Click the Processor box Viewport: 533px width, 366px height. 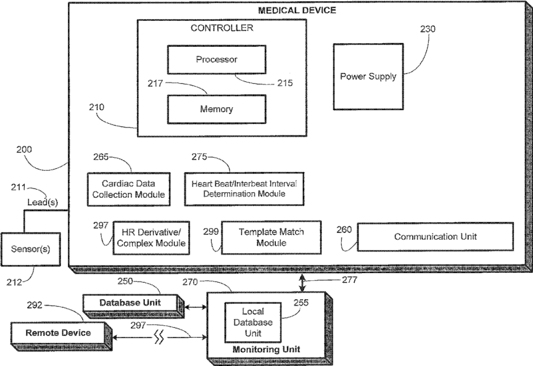pos(217,59)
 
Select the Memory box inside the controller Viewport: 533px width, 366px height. pos(217,109)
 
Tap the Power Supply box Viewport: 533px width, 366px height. pos(368,76)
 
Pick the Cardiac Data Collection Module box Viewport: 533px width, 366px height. pos(128,189)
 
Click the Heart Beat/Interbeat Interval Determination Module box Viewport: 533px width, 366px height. pos(244,189)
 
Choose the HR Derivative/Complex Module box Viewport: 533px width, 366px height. pos(151,238)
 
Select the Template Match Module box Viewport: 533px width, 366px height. pos(271,237)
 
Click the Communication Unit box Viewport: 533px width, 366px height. pos(435,237)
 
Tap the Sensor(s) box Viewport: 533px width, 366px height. pos(31,249)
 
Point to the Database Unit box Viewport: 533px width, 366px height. pos(133,306)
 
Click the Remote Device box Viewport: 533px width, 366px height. pos(61,336)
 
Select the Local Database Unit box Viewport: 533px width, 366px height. pos(253,322)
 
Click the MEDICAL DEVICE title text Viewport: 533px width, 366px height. pos(297,10)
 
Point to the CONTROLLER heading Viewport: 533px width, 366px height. pos(221,28)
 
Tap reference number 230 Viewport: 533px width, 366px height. pos(428,29)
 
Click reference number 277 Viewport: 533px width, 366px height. pos(349,280)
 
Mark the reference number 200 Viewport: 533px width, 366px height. pos(24,149)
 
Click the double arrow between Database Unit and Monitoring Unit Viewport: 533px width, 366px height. pos(196,307)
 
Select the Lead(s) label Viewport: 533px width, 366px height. pos(43,202)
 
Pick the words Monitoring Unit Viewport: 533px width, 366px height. pos(266,349)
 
